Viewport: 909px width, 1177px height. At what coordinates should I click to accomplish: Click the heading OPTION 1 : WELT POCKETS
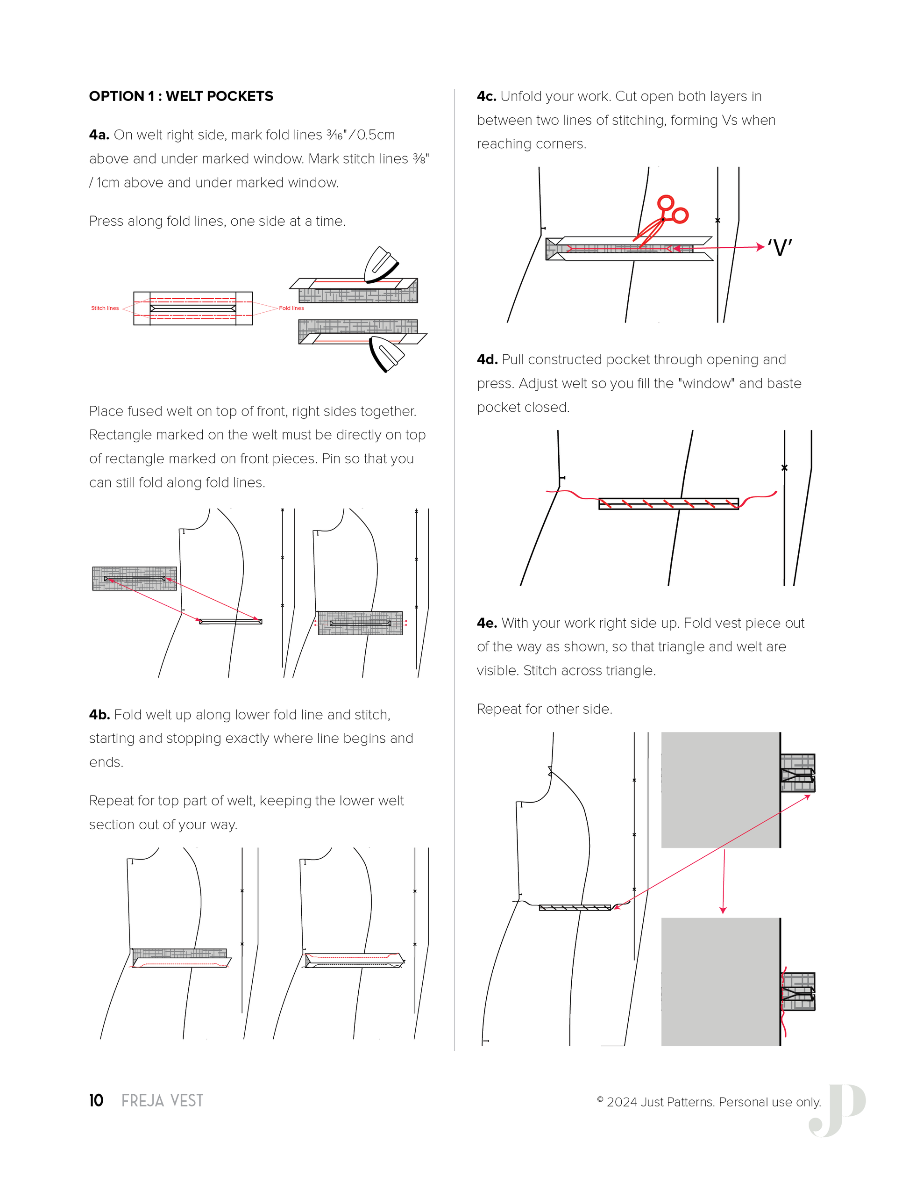coord(181,96)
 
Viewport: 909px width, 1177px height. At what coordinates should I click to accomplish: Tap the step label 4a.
coord(99,135)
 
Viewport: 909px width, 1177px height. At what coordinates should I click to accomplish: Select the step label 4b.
coord(99,715)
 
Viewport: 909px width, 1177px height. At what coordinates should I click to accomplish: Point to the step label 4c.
coord(486,96)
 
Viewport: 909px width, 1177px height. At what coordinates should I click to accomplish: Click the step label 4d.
coord(487,359)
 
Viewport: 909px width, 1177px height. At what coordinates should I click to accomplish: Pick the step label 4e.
coord(487,623)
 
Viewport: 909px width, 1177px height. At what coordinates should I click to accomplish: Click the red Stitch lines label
coord(105,308)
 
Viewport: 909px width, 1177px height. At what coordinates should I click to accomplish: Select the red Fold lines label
coord(291,308)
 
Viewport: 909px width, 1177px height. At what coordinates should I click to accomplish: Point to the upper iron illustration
coord(381,265)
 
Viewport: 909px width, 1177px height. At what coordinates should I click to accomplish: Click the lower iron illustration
coord(387,353)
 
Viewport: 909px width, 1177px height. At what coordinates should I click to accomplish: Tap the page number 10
coord(96,1100)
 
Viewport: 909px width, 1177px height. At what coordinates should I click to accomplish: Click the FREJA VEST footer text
coord(162,1100)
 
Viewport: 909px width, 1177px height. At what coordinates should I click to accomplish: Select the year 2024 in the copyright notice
coord(622,1102)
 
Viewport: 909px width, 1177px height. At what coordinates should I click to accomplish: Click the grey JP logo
coord(838,1110)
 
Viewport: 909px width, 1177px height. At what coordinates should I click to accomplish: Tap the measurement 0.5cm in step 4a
coord(376,135)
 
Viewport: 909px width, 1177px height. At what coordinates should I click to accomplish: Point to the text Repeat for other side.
coord(545,709)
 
